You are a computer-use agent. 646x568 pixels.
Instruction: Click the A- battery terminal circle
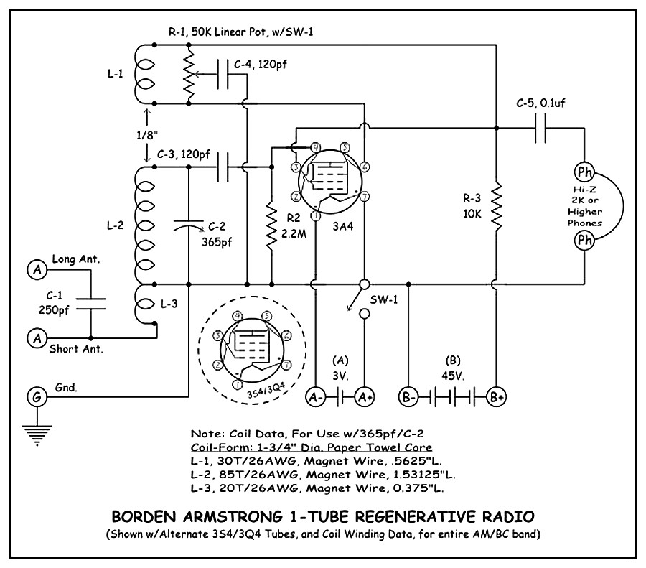(314, 396)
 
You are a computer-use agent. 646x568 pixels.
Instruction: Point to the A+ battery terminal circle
(365, 396)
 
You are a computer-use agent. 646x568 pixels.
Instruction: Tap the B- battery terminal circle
(408, 396)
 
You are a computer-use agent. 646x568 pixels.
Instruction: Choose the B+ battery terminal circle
(496, 396)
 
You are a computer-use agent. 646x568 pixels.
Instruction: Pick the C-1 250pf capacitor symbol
(91, 302)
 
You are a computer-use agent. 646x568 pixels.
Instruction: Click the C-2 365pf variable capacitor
(188, 227)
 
